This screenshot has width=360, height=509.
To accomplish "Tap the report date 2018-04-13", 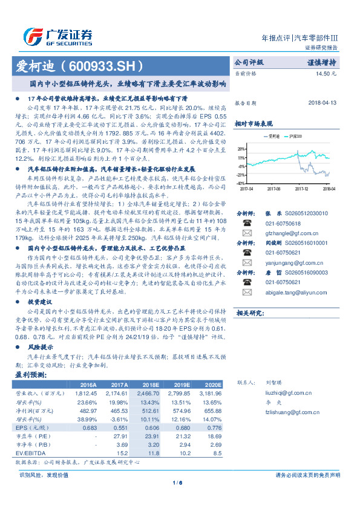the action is click(319, 103).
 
